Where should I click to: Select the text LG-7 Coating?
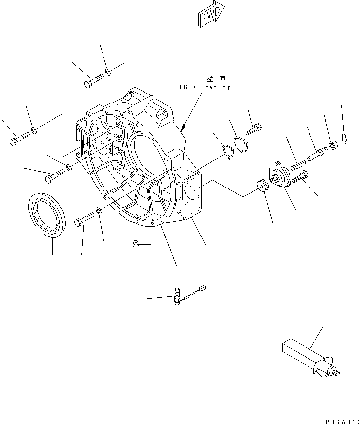(x=205, y=87)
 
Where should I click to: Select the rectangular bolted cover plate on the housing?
(x=191, y=194)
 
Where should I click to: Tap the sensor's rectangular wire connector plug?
(x=201, y=289)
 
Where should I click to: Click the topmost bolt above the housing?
(x=94, y=81)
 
